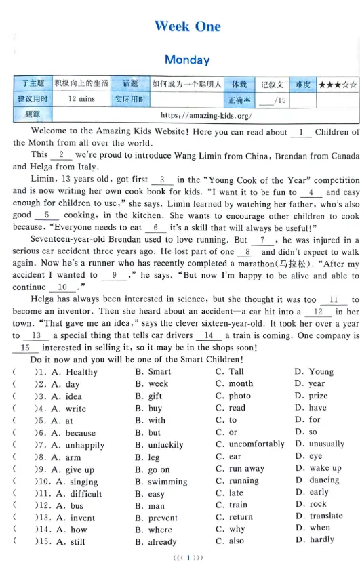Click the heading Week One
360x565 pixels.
[x=187, y=26]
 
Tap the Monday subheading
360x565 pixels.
[x=187, y=60]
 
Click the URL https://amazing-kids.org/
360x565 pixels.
[x=209, y=114]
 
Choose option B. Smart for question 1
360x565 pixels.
[x=153, y=371]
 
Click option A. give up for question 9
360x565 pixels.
[x=75, y=469]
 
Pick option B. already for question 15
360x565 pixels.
[x=157, y=541]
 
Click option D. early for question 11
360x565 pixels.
[x=311, y=493]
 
